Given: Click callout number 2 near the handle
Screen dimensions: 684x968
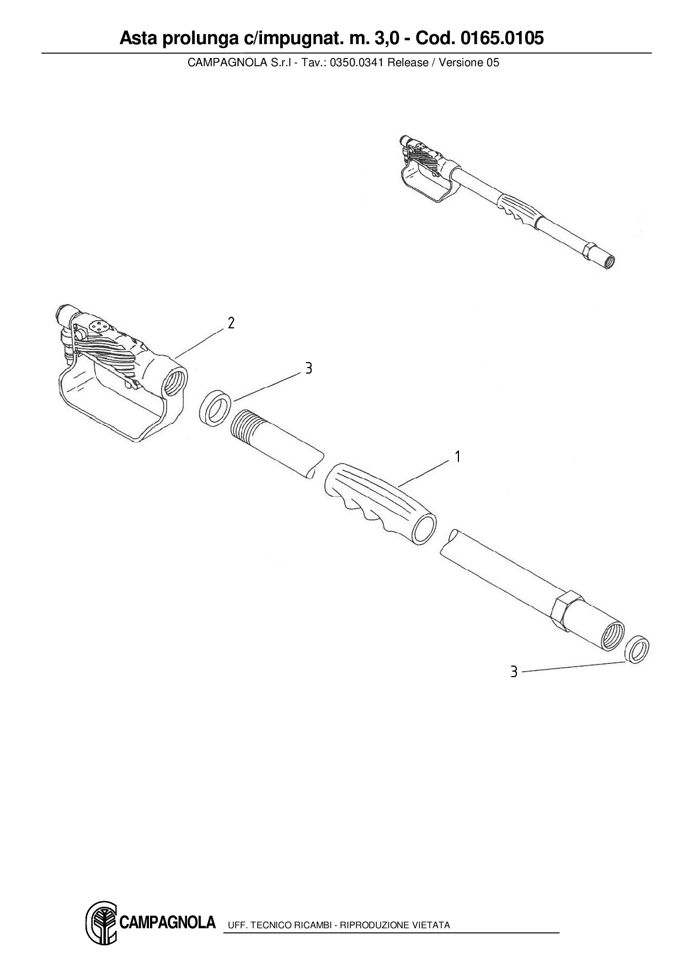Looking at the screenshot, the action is tap(231, 323).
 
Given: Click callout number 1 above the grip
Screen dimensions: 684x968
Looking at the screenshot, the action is tap(457, 457).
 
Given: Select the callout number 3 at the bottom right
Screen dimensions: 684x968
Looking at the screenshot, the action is tap(514, 672).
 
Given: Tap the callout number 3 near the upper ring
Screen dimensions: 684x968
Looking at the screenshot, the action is tap(308, 369).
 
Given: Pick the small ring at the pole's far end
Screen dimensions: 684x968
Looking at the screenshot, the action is tap(638, 650).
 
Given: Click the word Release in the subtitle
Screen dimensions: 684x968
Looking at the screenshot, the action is tap(408, 62).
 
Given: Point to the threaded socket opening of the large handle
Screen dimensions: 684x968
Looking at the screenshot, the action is tap(175, 382).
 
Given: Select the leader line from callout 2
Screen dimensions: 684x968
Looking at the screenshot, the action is tap(201, 341).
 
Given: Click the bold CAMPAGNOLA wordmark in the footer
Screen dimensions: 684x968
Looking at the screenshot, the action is tap(167, 922).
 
